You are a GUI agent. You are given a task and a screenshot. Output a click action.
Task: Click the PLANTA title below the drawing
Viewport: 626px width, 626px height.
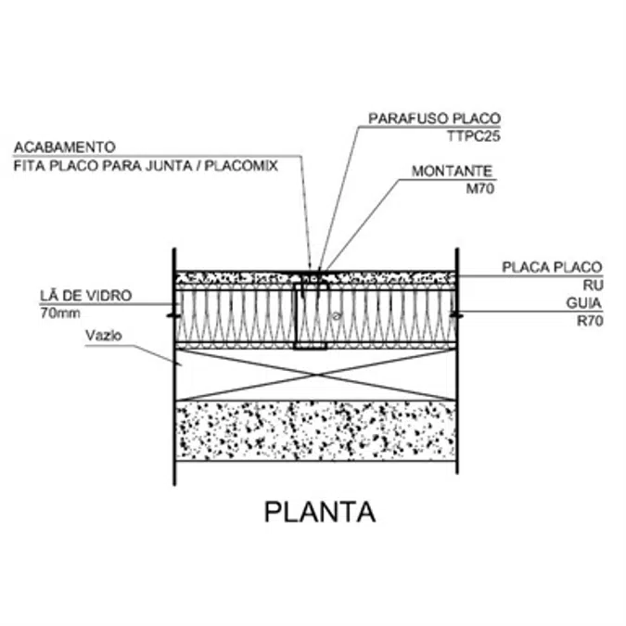coord(320,512)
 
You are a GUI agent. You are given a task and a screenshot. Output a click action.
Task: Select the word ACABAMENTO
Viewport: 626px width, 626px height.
coord(65,147)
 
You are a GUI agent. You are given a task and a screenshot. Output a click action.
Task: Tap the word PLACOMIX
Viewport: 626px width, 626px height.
coord(241,166)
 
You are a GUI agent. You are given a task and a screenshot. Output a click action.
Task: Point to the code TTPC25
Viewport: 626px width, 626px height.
coord(474,136)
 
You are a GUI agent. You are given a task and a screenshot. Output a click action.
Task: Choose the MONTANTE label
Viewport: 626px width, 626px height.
coord(452,172)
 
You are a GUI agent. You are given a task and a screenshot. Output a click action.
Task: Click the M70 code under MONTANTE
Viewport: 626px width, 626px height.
coord(480,188)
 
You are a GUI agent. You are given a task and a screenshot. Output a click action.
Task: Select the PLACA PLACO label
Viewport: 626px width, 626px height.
coord(552,267)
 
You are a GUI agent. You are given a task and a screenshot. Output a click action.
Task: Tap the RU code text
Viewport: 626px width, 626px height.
coord(593,286)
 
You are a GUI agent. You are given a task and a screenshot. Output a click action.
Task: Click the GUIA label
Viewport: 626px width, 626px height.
coord(583,303)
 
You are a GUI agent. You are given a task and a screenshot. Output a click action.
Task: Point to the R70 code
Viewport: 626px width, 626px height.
coord(590,321)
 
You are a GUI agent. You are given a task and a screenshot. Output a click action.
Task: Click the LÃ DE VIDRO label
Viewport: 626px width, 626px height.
coord(86,295)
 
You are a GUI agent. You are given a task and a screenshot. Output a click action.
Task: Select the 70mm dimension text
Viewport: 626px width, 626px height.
coord(60,313)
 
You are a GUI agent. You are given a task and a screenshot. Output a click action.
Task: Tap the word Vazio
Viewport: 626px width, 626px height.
coord(103,336)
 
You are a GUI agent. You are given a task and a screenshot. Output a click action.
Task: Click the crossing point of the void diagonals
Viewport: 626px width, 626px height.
coord(316,375)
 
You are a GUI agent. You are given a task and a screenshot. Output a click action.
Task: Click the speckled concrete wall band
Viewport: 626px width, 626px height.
coord(316,430)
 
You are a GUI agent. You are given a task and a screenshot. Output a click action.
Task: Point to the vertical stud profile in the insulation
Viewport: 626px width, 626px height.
coord(296,316)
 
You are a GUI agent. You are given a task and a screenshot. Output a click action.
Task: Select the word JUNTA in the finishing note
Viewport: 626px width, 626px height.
coord(169,166)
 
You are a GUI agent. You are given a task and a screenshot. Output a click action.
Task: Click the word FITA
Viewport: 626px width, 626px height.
coord(30,166)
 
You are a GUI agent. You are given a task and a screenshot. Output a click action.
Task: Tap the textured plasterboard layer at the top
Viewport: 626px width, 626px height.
coord(316,277)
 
